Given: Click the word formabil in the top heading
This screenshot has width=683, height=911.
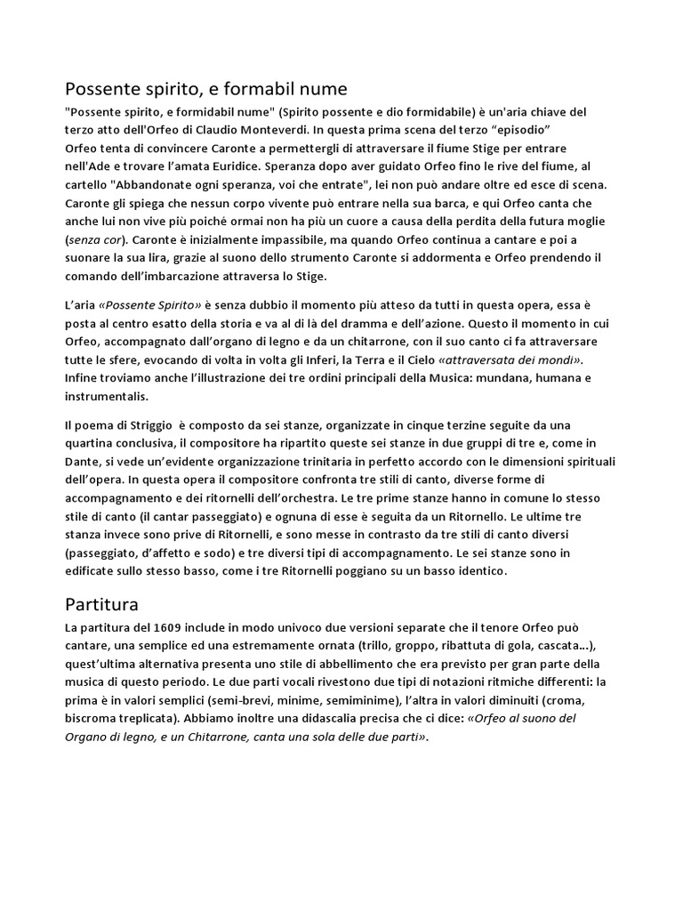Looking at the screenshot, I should tap(248, 89).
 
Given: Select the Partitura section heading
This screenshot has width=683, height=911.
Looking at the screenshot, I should tap(102, 605).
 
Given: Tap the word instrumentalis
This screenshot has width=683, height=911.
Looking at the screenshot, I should tap(107, 396).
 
